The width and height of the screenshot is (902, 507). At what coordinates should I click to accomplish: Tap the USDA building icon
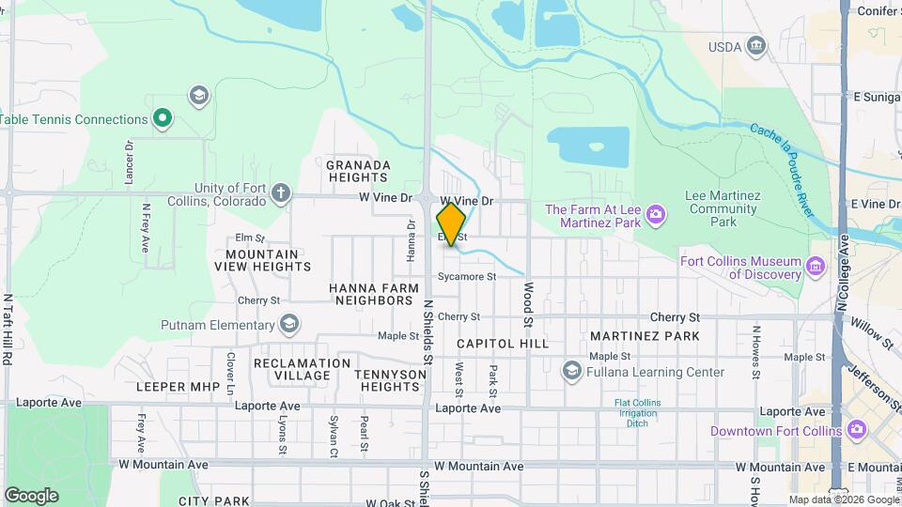tap(756, 47)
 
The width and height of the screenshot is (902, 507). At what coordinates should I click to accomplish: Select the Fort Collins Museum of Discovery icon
tap(816, 269)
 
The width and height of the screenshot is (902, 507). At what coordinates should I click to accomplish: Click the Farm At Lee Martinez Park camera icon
tap(656, 217)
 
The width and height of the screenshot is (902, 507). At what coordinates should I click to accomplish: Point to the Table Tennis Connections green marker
tap(163, 118)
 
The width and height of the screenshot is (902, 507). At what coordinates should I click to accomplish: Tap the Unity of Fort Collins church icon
tap(280, 194)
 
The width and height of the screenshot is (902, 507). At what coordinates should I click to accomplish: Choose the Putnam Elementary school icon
tap(289, 325)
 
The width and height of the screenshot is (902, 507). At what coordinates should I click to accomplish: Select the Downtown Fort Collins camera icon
tap(855, 430)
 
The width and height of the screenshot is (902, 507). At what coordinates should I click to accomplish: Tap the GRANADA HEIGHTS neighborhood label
tap(358, 172)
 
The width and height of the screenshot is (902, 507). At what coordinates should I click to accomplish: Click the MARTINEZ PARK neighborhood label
tap(645, 335)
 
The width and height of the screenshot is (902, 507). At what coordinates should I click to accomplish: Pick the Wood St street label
tap(529, 305)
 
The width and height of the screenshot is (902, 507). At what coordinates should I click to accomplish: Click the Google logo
tap(31, 495)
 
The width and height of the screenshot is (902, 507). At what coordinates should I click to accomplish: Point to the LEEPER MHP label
tap(178, 386)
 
